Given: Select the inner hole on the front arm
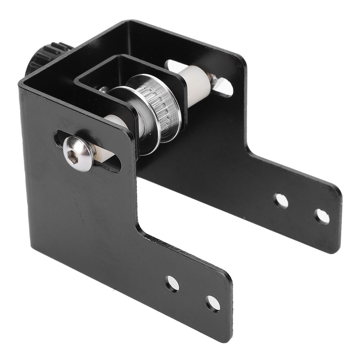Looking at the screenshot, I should (172, 283).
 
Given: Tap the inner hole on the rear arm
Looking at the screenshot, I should (281, 200).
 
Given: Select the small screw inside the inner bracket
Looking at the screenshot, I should (104, 90).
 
